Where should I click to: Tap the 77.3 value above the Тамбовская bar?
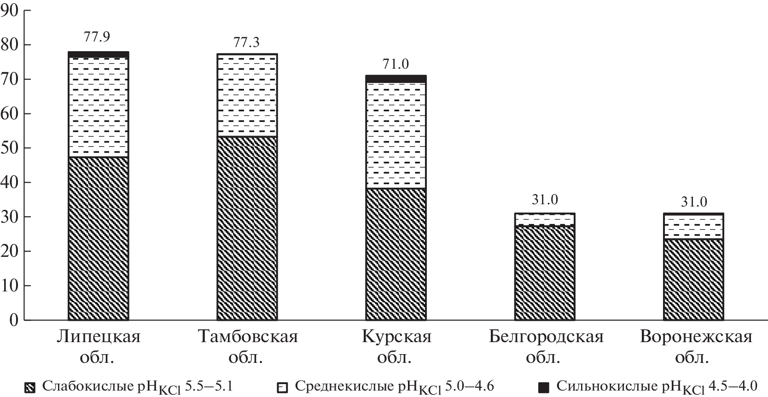[x=246, y=42]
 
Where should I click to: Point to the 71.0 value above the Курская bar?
[x=396, y=64]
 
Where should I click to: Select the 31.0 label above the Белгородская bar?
[x=545, y=200]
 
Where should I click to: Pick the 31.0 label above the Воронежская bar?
[x=694, y=202]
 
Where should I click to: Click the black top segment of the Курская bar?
[x=396, y=79]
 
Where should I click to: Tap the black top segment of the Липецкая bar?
[x=98, y=54]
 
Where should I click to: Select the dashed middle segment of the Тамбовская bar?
[x=247, y=95]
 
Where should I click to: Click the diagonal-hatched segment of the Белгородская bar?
[x=545, y=273]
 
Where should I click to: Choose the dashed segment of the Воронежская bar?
[x=693, y=227]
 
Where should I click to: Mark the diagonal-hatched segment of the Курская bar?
[x=396, y=254]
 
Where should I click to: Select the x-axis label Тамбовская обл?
[x=247, y=346]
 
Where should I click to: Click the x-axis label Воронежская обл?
[x=696, y=346]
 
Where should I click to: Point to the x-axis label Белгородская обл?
[x=546, y=346]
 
